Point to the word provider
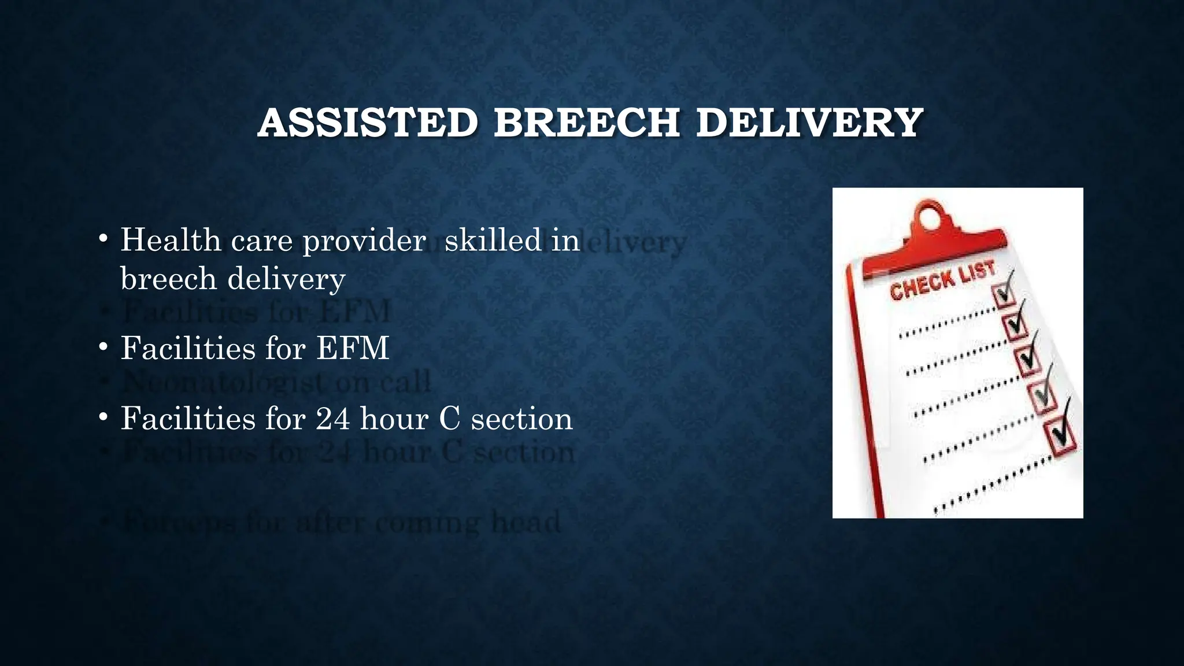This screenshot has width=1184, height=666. pos(364,240)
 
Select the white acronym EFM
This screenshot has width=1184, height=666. pos(353,348)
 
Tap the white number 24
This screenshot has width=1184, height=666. pos(333,418)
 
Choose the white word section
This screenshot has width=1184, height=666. pos(521,419)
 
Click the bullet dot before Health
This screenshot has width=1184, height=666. pos(103,239)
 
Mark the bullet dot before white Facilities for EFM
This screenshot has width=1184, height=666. pos(103,347)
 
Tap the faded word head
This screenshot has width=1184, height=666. pos(526,522)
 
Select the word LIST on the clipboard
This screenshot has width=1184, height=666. pos(978,272)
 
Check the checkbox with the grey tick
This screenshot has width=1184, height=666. pos(1044,397)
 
